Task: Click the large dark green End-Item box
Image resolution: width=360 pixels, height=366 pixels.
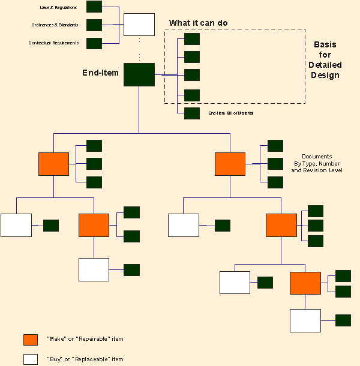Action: pos(139,74)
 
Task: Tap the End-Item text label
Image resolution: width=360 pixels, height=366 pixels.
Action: pos(100,73)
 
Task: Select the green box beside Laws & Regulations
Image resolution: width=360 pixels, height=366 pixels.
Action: pos(94,7)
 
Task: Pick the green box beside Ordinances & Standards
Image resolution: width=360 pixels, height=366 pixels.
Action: pos(94,25)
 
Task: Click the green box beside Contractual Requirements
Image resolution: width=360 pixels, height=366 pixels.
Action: pos(94,43)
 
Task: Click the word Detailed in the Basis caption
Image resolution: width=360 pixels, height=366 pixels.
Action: pos(326,65)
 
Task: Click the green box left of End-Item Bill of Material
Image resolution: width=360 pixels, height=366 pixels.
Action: pos(192,113)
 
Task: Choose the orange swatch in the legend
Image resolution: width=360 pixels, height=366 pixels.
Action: pos(31,340)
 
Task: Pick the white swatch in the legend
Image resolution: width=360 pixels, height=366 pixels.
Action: pos(31,359)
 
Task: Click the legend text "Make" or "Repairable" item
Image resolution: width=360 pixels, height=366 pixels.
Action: pos(84,340)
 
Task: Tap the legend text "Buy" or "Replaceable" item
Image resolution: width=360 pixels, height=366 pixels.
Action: pos(84,359)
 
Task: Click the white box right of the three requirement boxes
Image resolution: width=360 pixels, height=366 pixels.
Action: pos(139,25)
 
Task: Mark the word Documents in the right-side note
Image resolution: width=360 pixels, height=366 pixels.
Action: pos(317,157)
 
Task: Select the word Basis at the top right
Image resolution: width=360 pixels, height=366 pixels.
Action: pos(326,45)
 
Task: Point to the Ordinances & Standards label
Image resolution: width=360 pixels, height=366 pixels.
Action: pos(55,25)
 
